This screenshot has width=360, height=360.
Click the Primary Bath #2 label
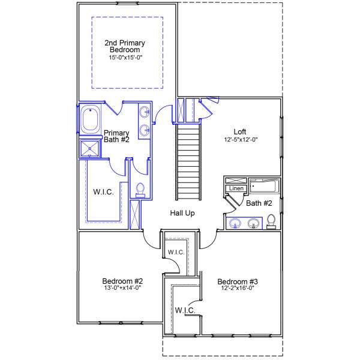point(117,137)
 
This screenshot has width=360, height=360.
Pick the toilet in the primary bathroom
point(140,190)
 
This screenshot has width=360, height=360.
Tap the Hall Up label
point(182,213)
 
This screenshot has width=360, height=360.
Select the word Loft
point(239,131)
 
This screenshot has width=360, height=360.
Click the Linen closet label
point(235,188)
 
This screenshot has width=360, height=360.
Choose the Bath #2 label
point(259,203)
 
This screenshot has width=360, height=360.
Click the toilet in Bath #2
point(271,221)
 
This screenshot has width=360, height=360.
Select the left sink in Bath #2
point(235,224)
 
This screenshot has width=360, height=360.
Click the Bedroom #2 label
point(122,281)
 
